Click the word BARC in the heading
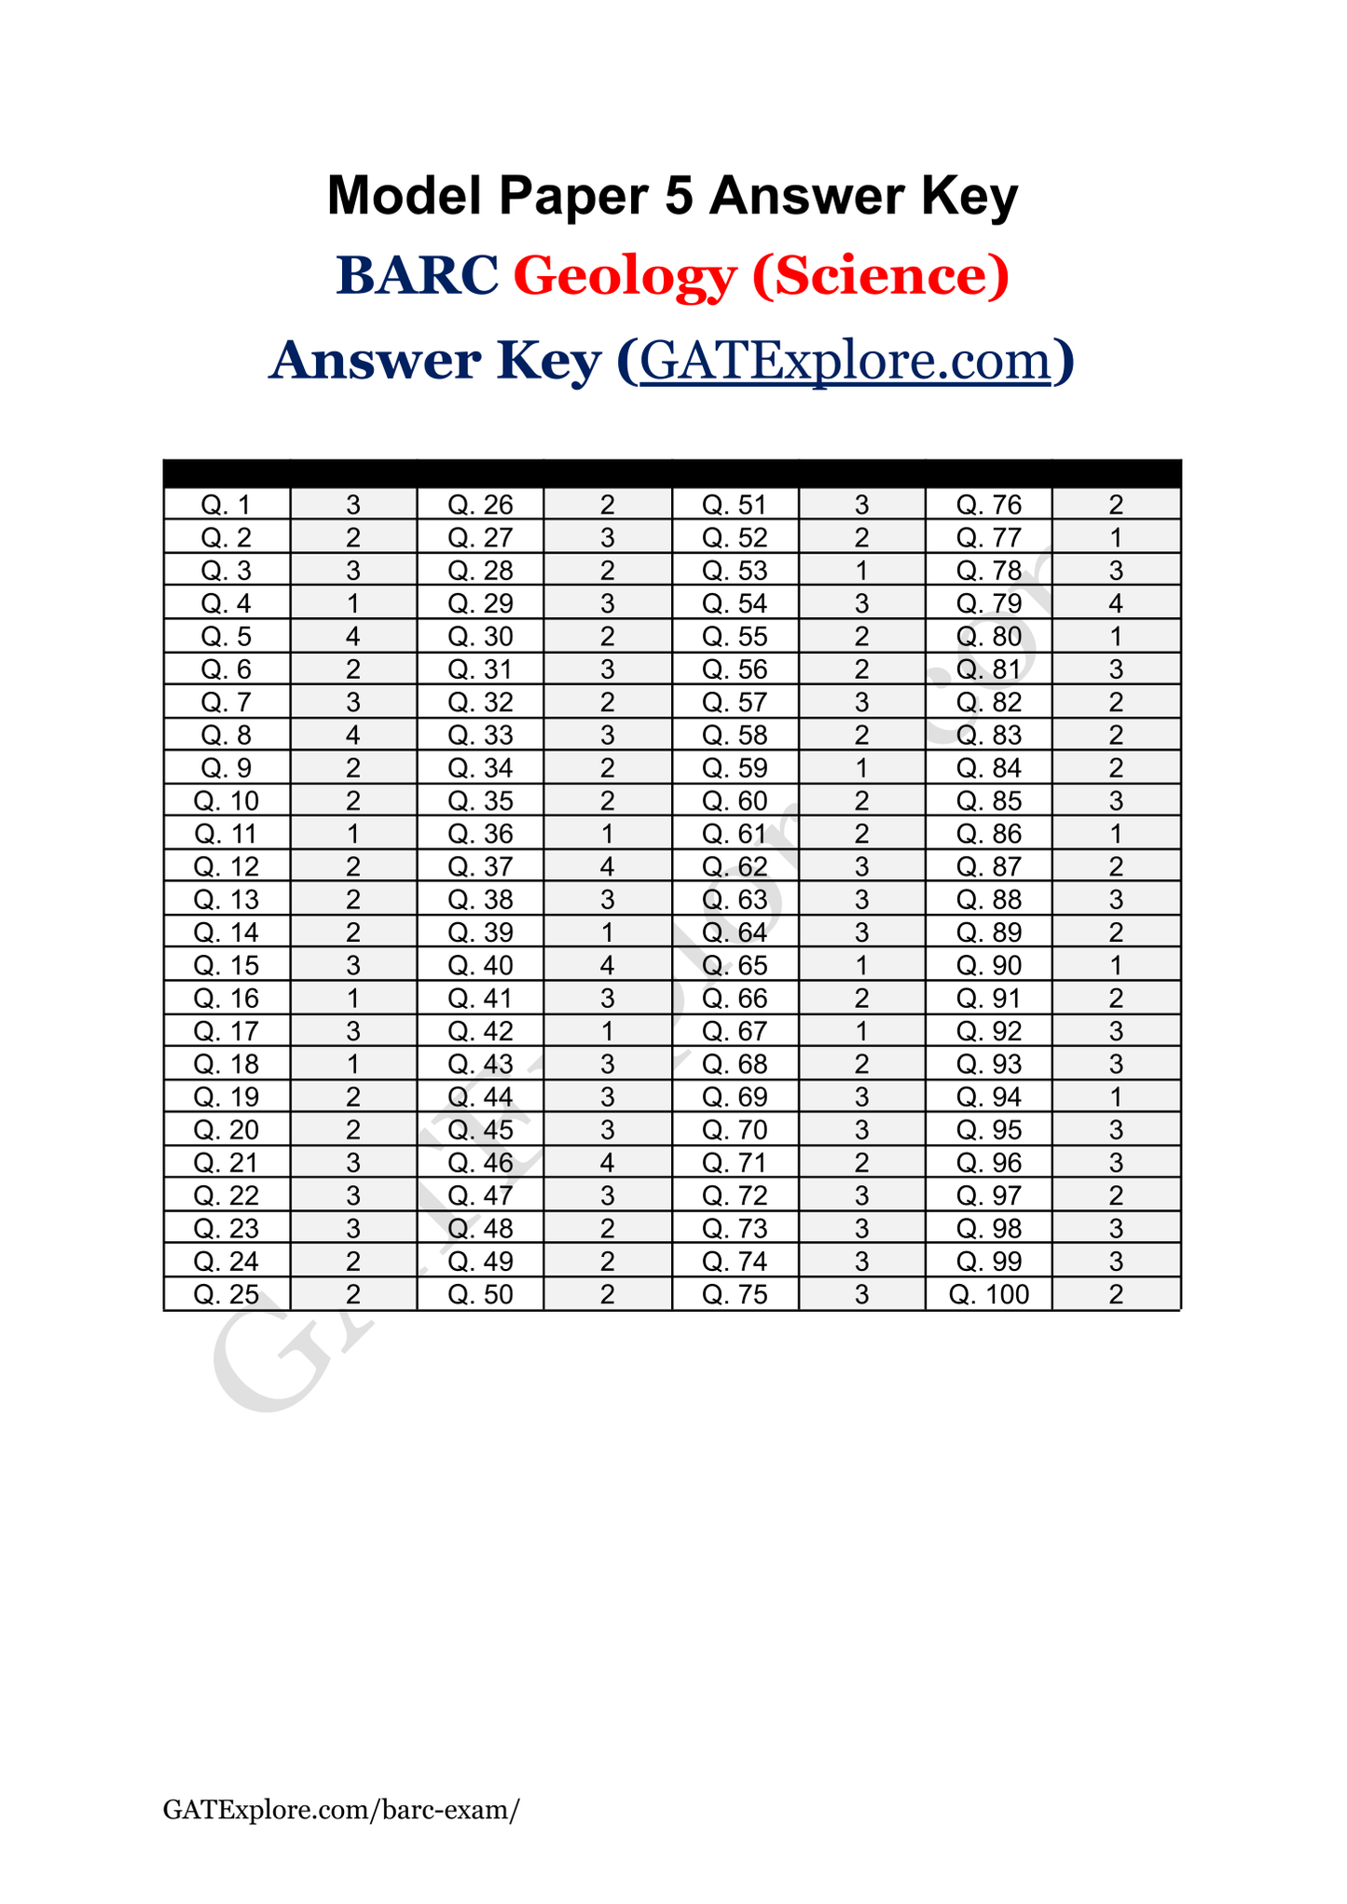pyautogui.click(x=417, y=276)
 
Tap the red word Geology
pyautogui.click(x=625, y=276)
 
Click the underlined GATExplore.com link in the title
pyautogui.click(x=845, y=360)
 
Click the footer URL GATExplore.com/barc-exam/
pyautogui.click(x=341, y=1810)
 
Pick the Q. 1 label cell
pyautogui.click(x=227, y=504)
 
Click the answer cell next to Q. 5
pyautogui.click(x=353, y=636)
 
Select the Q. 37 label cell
pyautogui.click(x=480, y=866)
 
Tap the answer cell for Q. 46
pyautogui.click(x=607, y=1163)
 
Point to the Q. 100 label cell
pyautogui.click(x=988, y=1294)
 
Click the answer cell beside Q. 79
pyautogui.click(x=1116, y=603)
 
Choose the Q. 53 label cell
pyautogui.click(x=735, y=571)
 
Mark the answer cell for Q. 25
pyautogui.click(x=353, y=1294)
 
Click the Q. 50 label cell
pyautogui.click(x=480, y=1294)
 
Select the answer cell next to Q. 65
pyautogui.click(x=861, y=965)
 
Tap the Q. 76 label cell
pyautogui.click(x=988, y=504)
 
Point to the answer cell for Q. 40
pyautogui.click(x=607, y=965)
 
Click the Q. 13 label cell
pyautogui.click(x=227, y=900)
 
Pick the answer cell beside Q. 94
pyautogui.click(x=1116, y=1097)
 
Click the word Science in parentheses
pyautogui.click(x=880, y=276)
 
